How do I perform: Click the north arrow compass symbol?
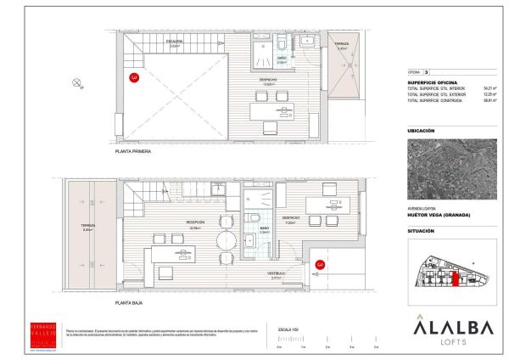tap(77, 82)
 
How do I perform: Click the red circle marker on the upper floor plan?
tap(134, 78)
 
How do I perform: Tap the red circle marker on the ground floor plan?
tap(320, 265)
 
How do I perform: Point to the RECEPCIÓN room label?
tap(194, 223)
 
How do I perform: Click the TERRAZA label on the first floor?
tap(342, 45)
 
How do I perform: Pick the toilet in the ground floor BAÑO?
tap(256, 220)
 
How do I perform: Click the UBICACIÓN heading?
tap(421, 131)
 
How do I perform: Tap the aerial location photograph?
tap(439, 171)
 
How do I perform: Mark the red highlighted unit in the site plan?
tap(453, 278)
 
